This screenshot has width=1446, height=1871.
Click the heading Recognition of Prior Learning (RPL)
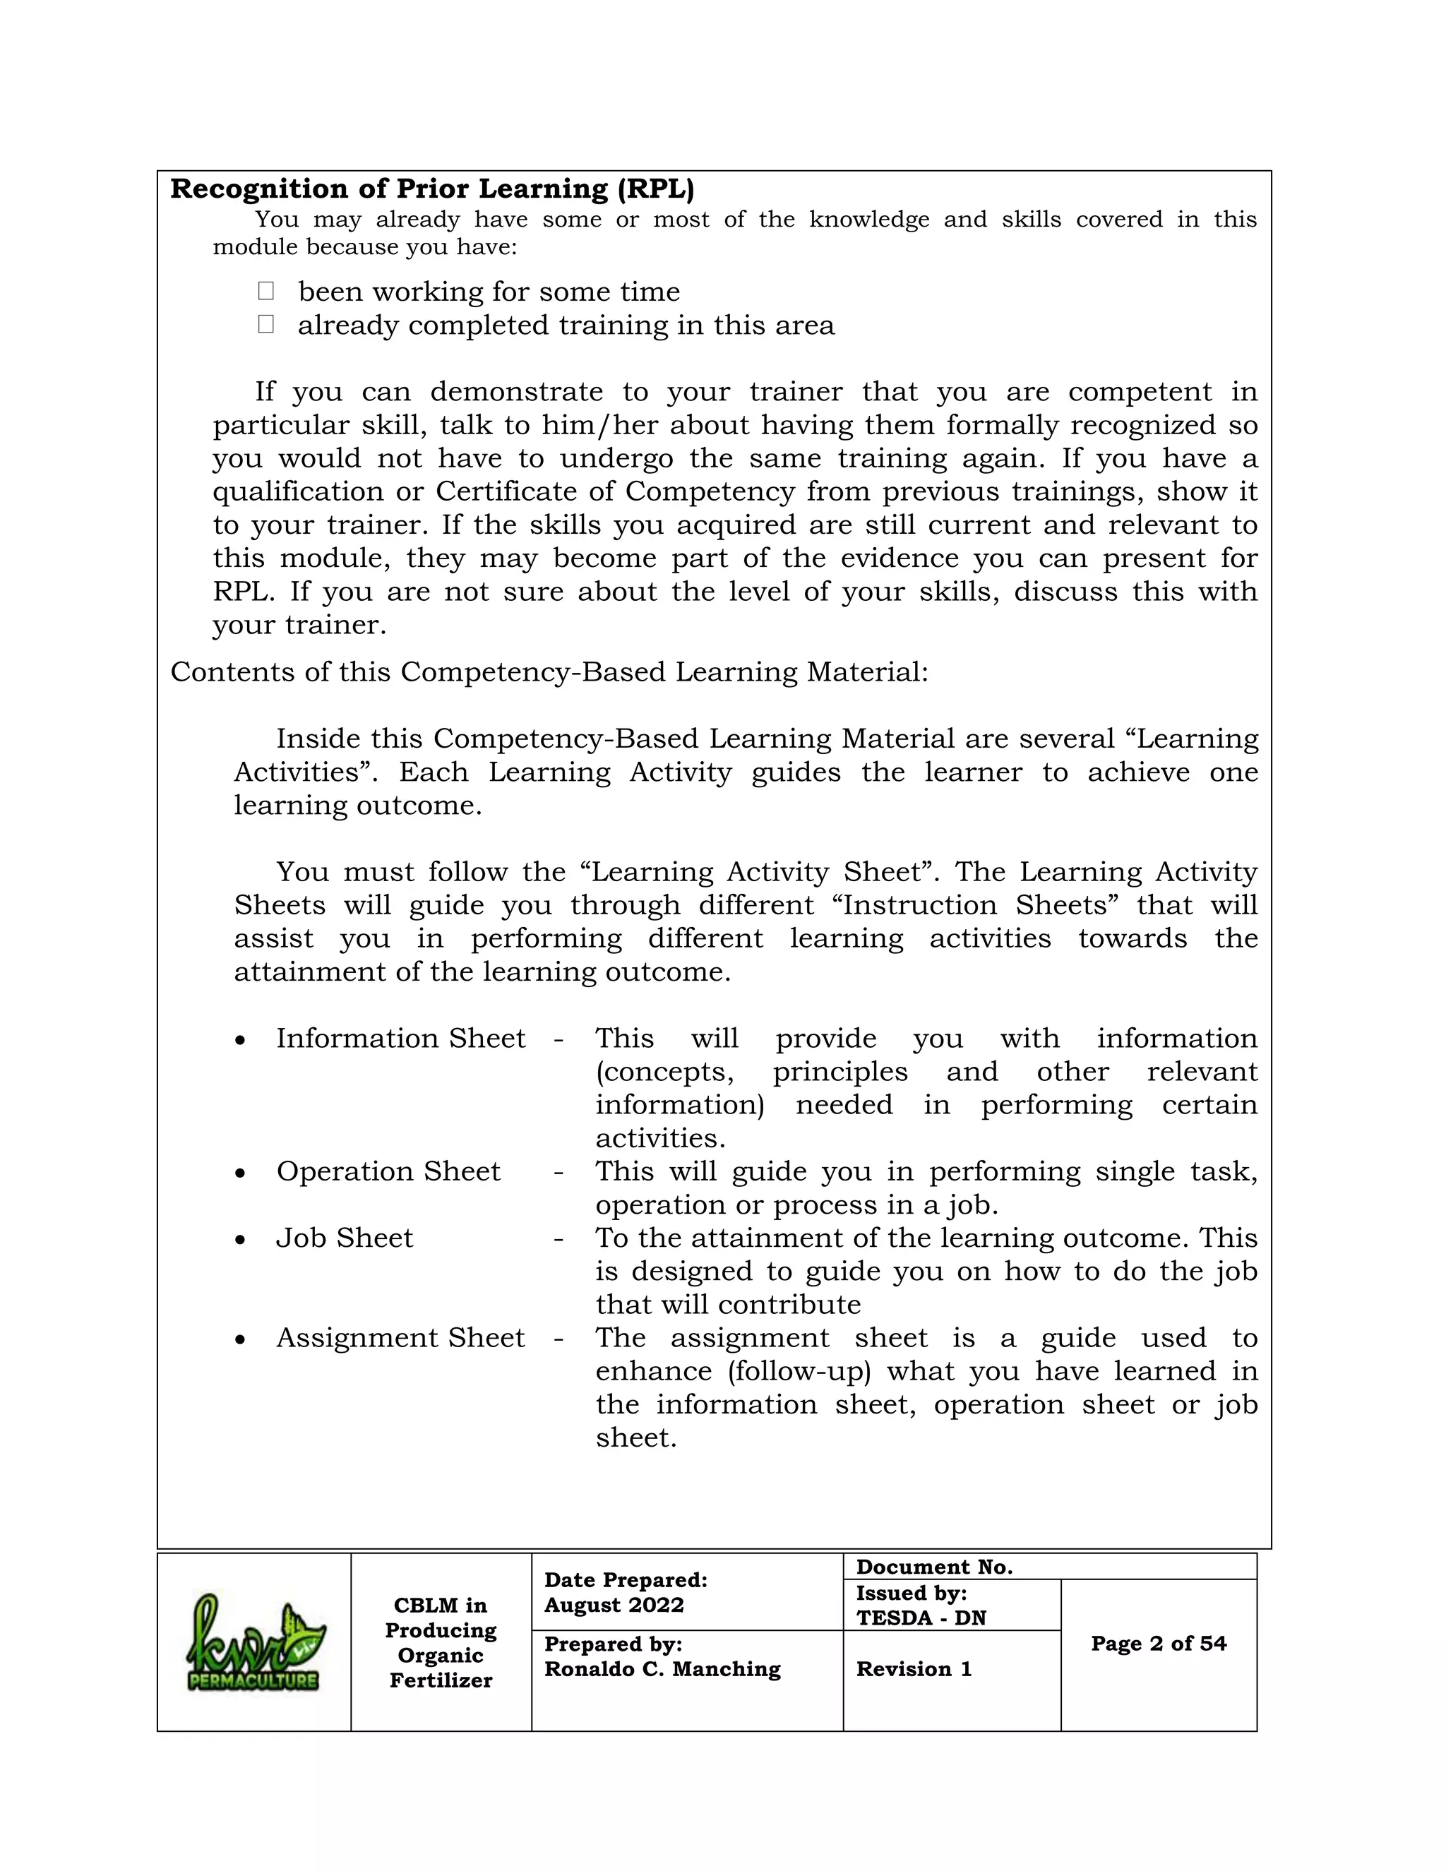coord(431,189)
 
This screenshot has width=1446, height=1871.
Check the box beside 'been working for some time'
coord(265,292)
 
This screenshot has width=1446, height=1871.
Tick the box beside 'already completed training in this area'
coord(265,324)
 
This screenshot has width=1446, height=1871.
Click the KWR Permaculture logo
coord(254,1642)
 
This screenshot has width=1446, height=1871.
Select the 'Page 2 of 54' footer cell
coord(1158,1643)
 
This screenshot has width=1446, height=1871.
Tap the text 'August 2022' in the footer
coord(614,1605)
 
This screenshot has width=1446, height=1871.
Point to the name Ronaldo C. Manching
coord(662,1669)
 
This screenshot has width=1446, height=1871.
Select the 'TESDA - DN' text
coord(921,1618)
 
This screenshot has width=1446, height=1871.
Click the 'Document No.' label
coord(933,1567)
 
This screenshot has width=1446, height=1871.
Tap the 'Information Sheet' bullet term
coord(400,1039)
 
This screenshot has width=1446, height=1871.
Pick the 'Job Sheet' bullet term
coord(344,1238)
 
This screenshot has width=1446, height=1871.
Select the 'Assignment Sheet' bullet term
coord(400,1337)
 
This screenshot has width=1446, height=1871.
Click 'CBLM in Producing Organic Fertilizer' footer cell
coord(441,1642)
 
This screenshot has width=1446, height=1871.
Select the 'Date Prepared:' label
coord(626,1579)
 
